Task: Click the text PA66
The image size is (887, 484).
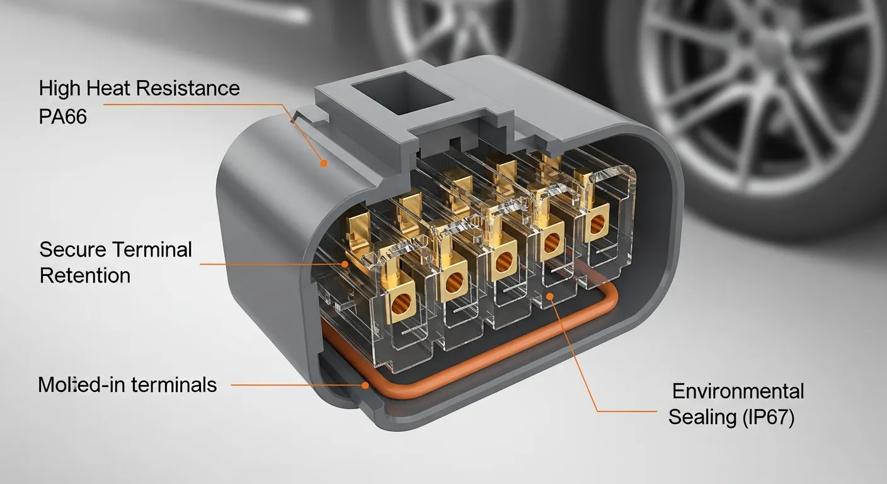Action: (x=63, y=117)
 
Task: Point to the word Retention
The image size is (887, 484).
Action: (x=85, y=275)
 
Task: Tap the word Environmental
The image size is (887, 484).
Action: (x=738, y=391)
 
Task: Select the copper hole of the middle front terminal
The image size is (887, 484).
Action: (x=503, y=262)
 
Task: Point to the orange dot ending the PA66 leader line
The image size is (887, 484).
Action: (x=324, y=163)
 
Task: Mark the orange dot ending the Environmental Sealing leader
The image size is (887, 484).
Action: (x=549, y=296)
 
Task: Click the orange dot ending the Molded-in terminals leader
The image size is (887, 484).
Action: (x=364, y=384)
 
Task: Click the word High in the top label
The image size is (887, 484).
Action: (x=60, y=89)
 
